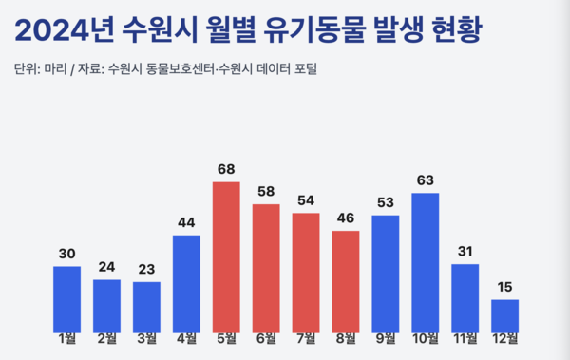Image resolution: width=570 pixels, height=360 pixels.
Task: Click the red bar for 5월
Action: (x=226, y=256)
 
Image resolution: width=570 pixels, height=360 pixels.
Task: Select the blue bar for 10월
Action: (x=426, y=262)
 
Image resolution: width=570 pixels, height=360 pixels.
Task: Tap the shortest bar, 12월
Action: (x=505, y=315)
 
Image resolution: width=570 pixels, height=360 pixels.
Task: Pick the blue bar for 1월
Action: (x=66, y=298)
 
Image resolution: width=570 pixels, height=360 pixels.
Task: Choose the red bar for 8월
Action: (x=346, y=281)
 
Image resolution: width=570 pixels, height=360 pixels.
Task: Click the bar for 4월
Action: (x=186, y=283)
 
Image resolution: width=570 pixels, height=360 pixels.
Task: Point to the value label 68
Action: (x=226, y=169)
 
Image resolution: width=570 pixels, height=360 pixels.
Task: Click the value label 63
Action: (x=426, y=180)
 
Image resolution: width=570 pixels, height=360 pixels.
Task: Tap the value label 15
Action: (x=505, y=287)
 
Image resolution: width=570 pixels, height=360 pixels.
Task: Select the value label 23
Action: (x=146, y=269)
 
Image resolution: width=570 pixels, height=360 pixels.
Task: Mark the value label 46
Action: (x=346, y=218)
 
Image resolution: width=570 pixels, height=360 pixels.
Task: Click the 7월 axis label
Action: (x=306, y=337)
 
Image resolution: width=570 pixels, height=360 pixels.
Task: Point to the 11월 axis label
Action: (x=465, y=337)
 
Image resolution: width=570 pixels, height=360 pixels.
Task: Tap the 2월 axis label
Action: (x=106, y=337)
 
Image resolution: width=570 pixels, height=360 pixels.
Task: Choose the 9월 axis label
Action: (x=386, y=337)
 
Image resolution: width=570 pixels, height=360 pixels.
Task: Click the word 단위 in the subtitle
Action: (x=28, y=68)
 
